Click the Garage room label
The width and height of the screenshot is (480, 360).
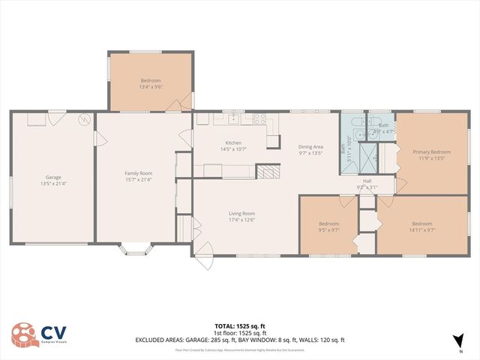coord(52,178)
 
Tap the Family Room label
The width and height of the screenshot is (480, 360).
coord(138,173)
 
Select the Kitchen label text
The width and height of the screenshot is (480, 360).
coord(233,142)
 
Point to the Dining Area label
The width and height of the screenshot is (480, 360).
coord(310,146)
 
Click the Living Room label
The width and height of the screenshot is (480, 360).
coord(242,214)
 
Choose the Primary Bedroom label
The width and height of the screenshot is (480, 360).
coord(430,151)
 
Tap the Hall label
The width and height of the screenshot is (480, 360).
coord(367,181)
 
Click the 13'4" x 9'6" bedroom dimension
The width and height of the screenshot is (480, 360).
coord(151,87)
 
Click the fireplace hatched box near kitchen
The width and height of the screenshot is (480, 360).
coord(268,172)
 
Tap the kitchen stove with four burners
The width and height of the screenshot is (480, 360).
coord(259,118)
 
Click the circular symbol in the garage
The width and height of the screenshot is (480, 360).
coord(85,118)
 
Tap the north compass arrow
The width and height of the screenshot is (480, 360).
coord(459,342)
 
